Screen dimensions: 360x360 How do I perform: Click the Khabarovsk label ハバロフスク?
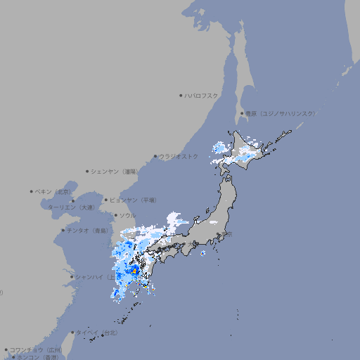coord(201,95)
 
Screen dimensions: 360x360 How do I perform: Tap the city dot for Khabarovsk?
coord(181,95)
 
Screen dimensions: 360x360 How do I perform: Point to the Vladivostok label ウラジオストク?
coord(179,156)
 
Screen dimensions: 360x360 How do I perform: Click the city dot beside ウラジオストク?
coord(155,156)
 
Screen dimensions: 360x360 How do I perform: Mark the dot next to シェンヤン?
coord(87,171)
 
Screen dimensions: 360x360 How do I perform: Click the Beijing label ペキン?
coord(53,191)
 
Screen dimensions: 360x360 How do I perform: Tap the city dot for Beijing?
coord(32,191)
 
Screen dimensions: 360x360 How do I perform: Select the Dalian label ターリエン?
coord(70,207)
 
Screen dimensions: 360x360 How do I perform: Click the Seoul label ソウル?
coord(127,215)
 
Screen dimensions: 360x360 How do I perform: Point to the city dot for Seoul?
coord(115,215)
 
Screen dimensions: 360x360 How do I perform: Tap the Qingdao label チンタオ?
coord(87,230)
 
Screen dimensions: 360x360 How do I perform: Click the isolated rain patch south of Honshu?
coord(202,253)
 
